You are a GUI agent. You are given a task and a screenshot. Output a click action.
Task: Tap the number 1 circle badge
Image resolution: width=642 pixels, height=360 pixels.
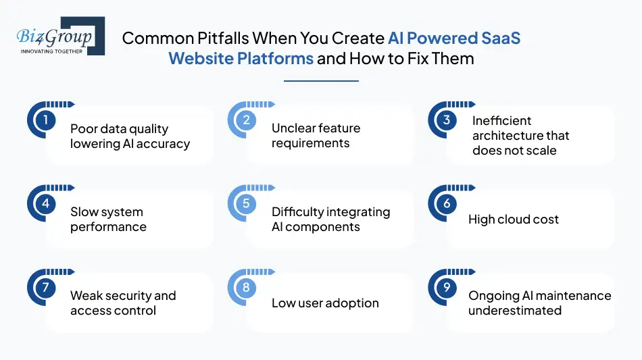coord(45,120)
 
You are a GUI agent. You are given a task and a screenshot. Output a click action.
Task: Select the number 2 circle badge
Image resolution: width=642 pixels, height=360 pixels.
coord(246,120)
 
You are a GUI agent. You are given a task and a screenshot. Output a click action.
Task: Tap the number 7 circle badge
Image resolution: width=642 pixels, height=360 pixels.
coord(45,288)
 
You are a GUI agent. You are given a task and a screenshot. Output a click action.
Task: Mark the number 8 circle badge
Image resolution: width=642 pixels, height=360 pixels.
coord(246,288)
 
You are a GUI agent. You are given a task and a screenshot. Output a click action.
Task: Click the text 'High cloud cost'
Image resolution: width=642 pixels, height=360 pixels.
coord(514,220)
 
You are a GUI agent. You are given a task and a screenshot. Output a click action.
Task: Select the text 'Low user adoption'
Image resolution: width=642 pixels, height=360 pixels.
coord(325,303)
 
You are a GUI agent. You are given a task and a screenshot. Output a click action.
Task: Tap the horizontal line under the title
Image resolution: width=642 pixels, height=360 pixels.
coord(321,81)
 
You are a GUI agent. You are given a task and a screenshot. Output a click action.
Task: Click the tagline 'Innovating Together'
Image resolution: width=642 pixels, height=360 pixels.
coord(52,51)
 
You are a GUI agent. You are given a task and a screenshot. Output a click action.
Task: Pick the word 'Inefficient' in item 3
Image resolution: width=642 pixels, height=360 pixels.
coord(502,121)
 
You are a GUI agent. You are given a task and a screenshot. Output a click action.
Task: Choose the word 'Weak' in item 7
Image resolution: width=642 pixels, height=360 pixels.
coord(87,296)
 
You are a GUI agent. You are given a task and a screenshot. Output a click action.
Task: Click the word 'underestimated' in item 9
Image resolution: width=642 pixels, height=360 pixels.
coord(515,311)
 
